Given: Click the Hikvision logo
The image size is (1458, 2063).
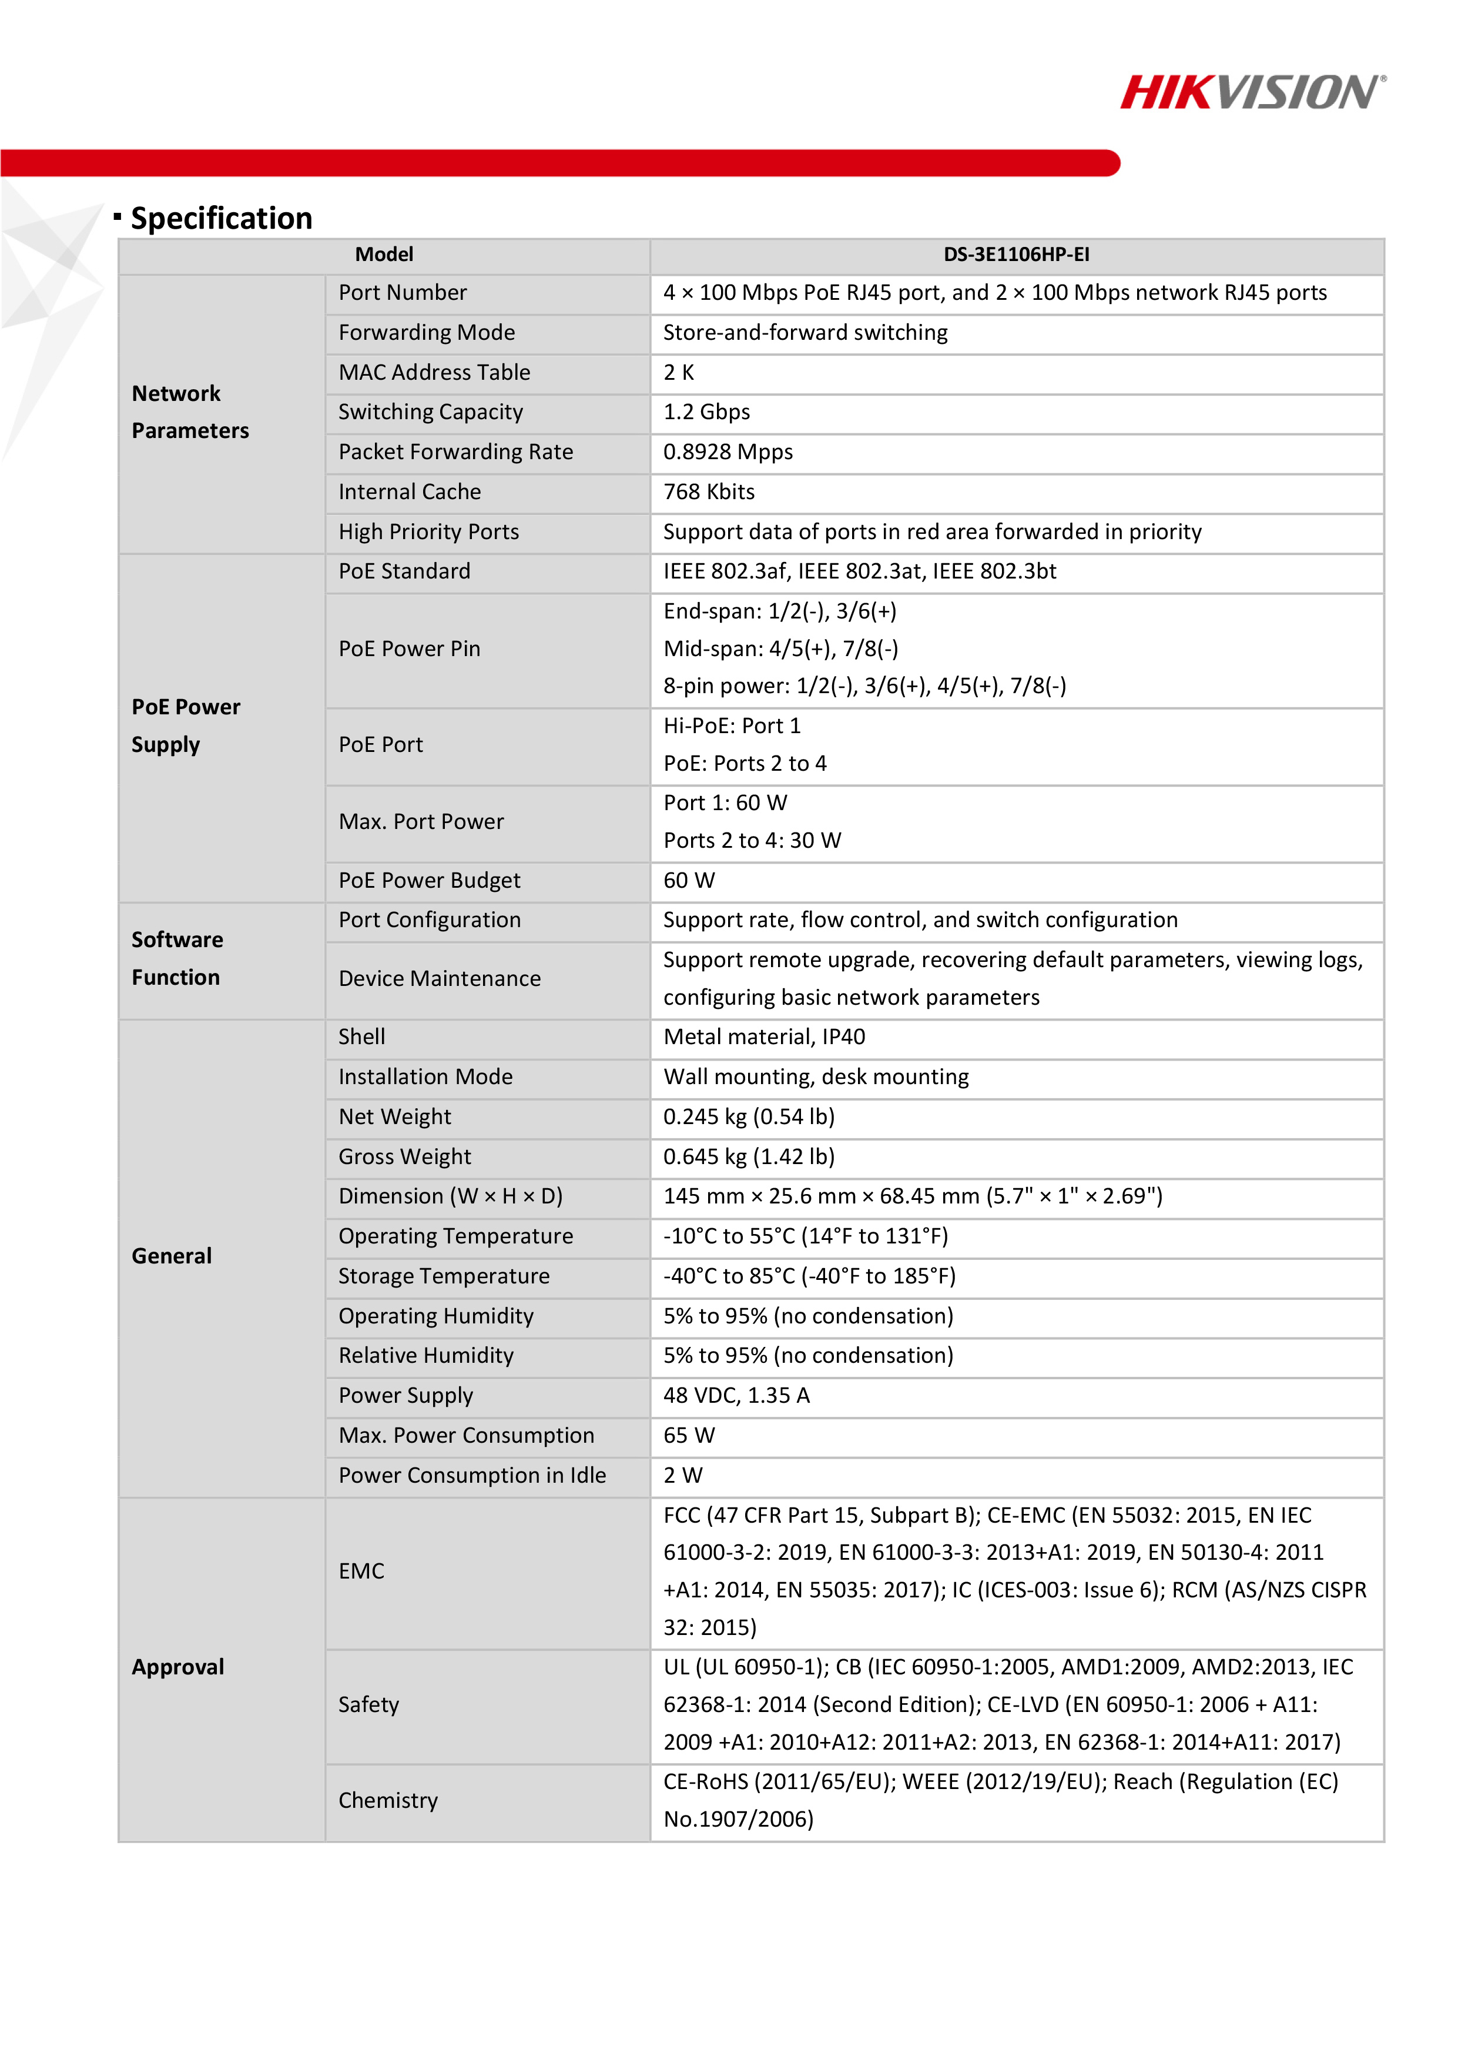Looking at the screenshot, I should click(x=1252, y=92).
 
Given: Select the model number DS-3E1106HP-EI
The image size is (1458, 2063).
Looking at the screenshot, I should click(x=1016, y=255).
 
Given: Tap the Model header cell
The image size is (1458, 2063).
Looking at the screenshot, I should click(x=384, y=255).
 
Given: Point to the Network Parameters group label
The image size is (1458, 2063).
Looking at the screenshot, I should click(x=190, y=412).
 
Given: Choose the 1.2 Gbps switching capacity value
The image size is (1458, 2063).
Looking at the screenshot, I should click(x=706, y=412).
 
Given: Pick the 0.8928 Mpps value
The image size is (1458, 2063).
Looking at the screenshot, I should click(x=728, y=452).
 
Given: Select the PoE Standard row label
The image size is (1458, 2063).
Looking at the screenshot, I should click(x=404, y=571).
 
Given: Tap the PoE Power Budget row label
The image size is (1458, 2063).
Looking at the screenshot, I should click(x=430, y=881).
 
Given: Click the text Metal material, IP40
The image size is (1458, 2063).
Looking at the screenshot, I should click(x=763, y=1037).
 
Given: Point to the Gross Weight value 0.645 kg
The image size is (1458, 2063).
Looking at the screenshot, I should click(x=748, y=1157).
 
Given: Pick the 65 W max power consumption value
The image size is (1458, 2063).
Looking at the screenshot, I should click(x=689, y=1436).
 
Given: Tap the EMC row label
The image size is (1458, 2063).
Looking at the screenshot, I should click(x=361, y=1572).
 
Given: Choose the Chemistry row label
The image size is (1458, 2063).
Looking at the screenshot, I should click(x=388, y=1801).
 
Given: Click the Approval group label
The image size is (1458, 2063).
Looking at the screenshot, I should click(x=178, y=1668).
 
